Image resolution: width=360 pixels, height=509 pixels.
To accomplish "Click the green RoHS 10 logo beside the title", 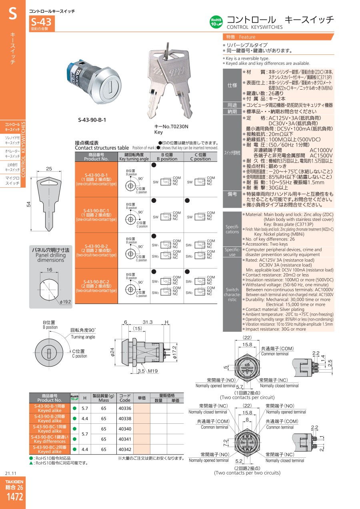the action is pyautogui.click(x=216, y=22).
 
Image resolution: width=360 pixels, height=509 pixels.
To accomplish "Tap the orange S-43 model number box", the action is pyautogui.click(x=42, y=23).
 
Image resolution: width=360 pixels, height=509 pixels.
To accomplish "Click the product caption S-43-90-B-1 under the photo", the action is pyautogui.click(x=92, y=120).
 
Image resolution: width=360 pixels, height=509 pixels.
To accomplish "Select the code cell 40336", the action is pyautogui.click(x=125, y=408).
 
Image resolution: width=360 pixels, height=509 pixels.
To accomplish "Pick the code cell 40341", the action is pyautogui.click(x=125, y=439).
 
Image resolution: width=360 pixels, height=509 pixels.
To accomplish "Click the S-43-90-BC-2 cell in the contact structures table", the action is pyautogui.click(x=96, y=286).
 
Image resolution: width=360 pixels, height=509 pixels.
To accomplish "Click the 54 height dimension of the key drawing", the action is pyautogui.click(x=28, y=204).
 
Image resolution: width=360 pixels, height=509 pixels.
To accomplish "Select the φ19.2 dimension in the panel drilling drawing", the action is pyautogui.click(x=65, y=302).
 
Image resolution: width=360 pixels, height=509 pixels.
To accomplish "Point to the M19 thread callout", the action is pyautogui.click(x=153, y=371).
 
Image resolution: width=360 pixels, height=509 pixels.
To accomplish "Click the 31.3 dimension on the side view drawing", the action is pyautogui.click(x=148, y=322).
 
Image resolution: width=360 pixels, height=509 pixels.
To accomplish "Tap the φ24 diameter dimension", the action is pyautogui.click(x=112, y=352).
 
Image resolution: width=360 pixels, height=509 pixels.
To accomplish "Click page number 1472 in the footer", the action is pyautogui.click(x=15, y=497).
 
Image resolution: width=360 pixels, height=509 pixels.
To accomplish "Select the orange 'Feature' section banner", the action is pyautogui.click(x=278, y=37).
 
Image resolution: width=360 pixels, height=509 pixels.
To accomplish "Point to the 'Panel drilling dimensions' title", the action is pyautogui.click(x=51, y=255).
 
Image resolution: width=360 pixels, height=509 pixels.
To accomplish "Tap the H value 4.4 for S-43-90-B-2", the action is pyautogui.click(x=85, y=418).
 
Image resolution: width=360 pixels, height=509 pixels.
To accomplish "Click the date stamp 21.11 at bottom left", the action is pyautogui.click(x=11, y=473).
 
